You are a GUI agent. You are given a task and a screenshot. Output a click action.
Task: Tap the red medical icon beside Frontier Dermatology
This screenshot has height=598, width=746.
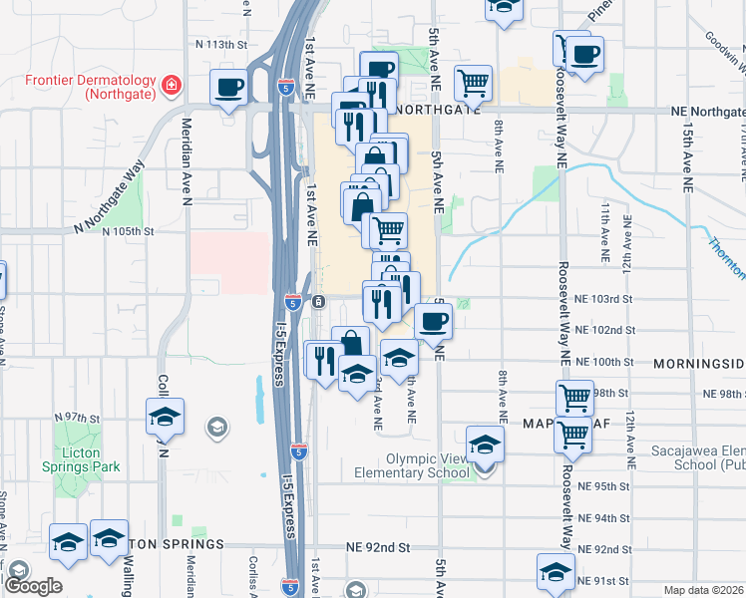[x=172, y=85]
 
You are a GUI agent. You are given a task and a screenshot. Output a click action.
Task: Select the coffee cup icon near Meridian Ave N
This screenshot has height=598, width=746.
[x=229, y=87]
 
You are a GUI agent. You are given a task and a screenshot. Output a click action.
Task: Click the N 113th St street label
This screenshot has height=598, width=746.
[x=220, y=45]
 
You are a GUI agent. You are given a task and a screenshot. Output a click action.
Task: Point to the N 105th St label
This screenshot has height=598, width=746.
[x=129, y=230]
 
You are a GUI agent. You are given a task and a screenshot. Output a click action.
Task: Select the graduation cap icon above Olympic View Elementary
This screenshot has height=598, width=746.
[x=485, y=444]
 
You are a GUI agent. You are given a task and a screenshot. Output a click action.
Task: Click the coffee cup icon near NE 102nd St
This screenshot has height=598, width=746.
[x=433, y=321]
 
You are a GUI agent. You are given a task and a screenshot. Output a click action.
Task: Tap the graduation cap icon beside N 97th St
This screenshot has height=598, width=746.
[x=166, y=417]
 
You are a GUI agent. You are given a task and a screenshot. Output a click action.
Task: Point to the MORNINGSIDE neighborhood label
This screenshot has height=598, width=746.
[x=699, y=364]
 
